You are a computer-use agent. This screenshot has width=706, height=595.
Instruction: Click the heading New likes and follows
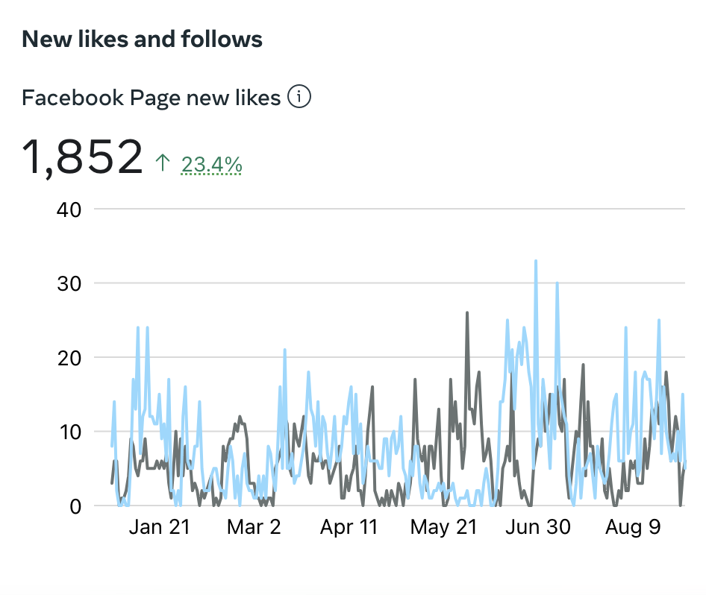coord(142,39)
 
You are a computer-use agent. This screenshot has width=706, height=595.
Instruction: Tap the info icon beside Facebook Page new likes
coord(299,97)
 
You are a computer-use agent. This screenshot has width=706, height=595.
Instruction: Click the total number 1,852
coord(82,157)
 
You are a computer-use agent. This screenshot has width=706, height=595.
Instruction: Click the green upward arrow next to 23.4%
coord(163,163)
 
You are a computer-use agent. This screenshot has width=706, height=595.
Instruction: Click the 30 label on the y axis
coord(69,283)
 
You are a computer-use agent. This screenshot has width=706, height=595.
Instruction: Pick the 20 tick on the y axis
coord(69,357)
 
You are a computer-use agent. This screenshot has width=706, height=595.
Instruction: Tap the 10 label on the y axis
coord(69,432)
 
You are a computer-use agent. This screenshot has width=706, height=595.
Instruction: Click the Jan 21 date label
coord(159,527)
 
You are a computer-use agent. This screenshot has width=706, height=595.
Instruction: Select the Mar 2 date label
coord(254,527)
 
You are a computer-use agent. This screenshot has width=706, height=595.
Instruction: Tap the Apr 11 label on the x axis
coord(349,527)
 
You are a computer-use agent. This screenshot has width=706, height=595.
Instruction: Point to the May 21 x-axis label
coord(443,527)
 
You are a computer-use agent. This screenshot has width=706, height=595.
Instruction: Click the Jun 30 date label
coord(538,527)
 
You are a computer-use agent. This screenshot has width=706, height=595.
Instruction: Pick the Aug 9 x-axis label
coord(633,527)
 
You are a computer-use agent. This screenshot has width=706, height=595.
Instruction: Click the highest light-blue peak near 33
coord(536,262)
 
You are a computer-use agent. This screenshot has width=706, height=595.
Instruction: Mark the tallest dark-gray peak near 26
coord(467,313)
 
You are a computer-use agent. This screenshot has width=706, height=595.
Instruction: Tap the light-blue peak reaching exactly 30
coord(557,284)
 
